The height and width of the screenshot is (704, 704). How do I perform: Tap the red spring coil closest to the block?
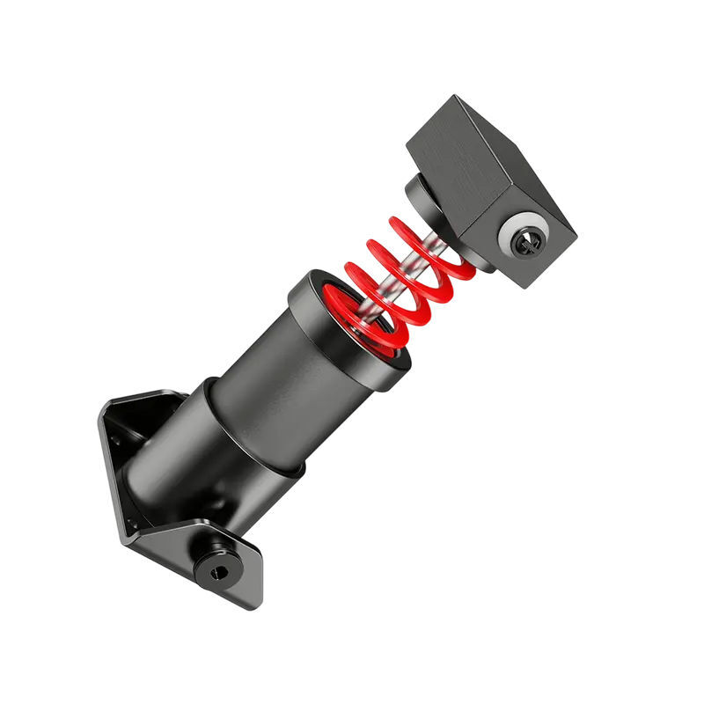(414, 231)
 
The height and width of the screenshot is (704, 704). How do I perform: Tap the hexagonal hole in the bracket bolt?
(217, 572)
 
